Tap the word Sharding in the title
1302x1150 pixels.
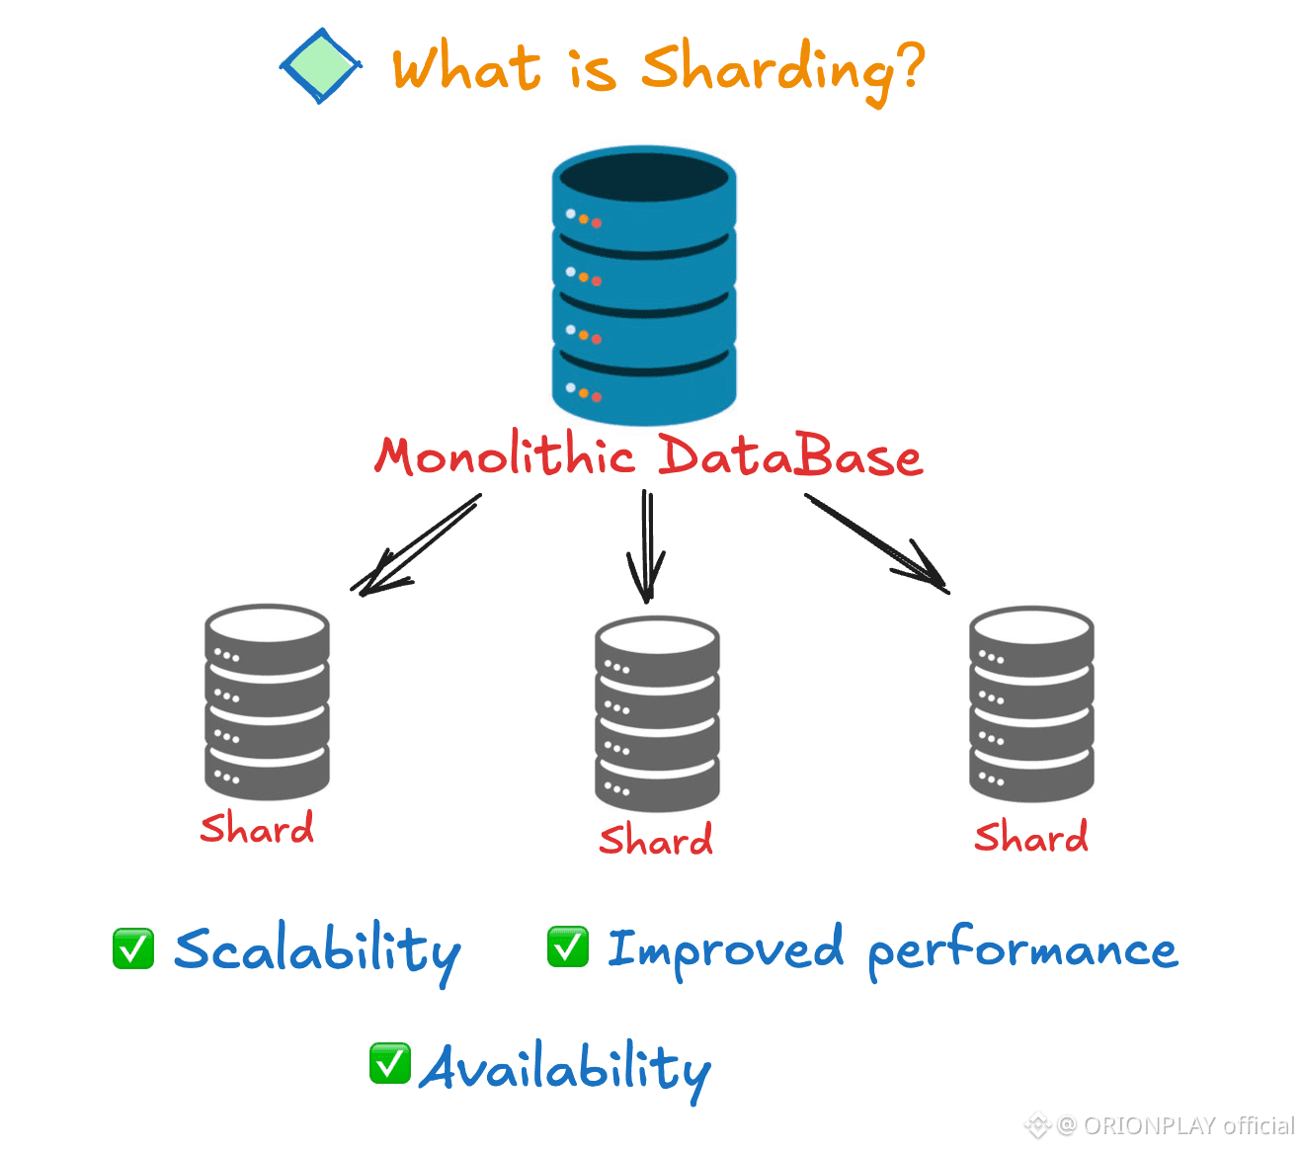[780, 69]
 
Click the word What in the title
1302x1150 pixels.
[466, 69]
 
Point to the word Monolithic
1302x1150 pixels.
[504, 456]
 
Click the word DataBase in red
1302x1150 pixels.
[790, 456]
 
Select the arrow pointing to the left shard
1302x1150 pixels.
[415, 545]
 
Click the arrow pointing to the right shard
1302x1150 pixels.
[877, 543]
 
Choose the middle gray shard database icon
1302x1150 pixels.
[657, 713]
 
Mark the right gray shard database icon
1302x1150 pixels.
[1031, 703]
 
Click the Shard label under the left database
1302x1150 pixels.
[257, 828]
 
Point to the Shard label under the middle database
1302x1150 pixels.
[656, 840]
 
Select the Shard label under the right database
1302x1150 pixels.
[1031, 837]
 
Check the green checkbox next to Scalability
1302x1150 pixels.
[133, 948]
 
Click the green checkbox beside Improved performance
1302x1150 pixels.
[568, 946]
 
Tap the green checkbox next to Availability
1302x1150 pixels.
[390, 1063]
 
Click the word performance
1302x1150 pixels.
[1022, 951]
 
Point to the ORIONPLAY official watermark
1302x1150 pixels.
[1176, 1125]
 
